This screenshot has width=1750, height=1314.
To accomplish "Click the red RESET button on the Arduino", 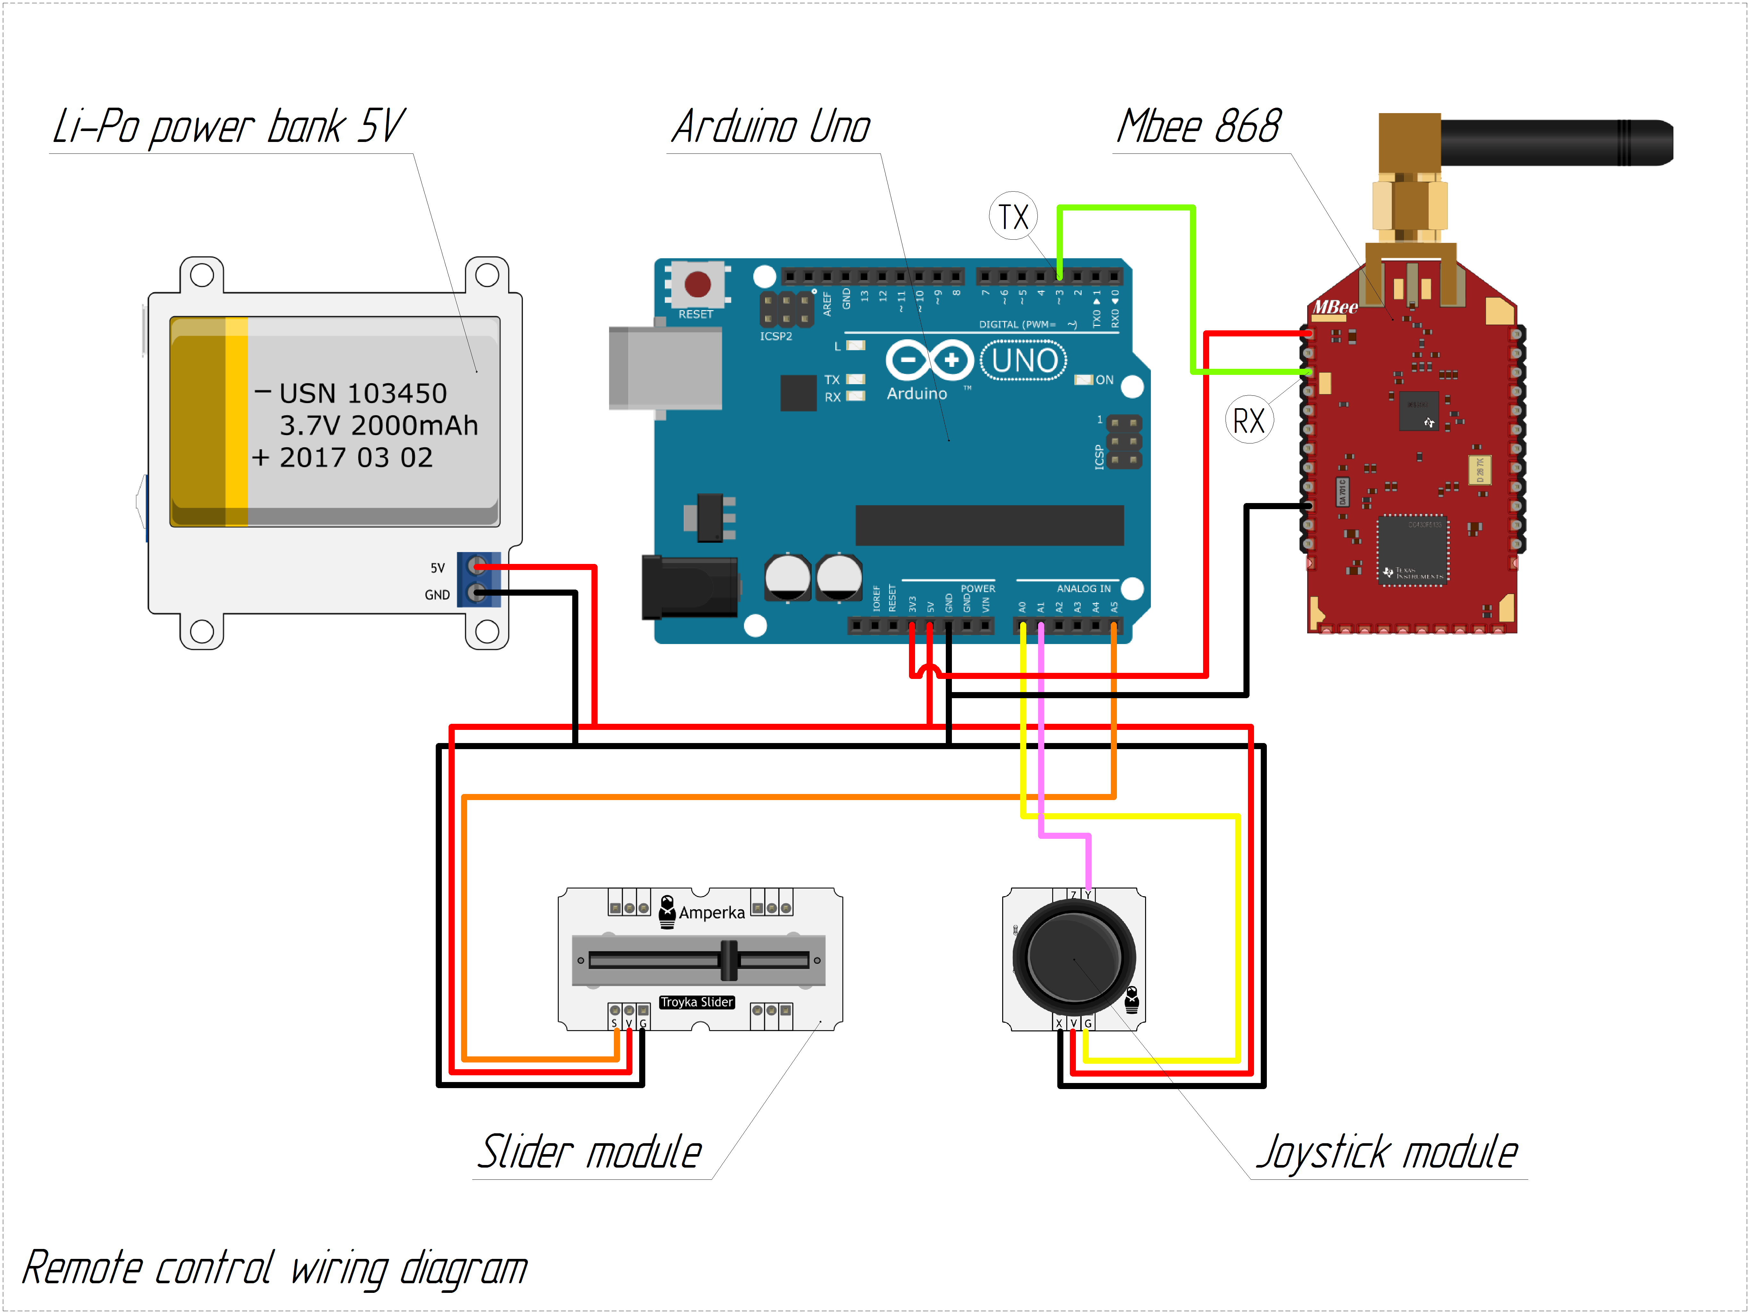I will (x=697, y=284).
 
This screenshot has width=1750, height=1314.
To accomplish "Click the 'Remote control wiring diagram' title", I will (x=275, y=1268).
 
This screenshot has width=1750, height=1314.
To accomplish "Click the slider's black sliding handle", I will (x=729, y=960).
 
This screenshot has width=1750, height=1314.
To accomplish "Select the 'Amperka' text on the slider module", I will (x=711, y=913).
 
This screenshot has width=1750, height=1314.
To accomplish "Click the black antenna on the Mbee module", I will (x=1555, y=142).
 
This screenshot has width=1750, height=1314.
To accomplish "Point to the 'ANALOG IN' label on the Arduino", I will (x=1083, y=589).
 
